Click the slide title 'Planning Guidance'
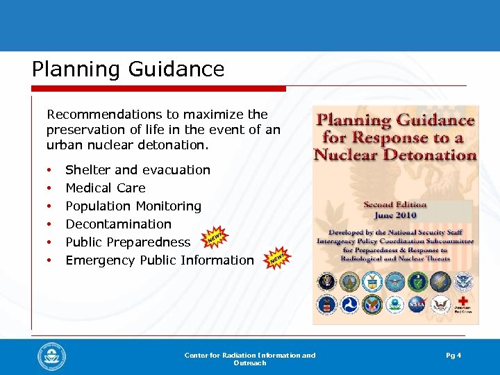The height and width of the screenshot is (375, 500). coord(128,69)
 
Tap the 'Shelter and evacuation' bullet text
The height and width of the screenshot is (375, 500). coord(137,170)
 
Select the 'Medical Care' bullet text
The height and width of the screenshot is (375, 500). coord(106,188)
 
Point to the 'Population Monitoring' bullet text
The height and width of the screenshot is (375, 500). coord(133,206)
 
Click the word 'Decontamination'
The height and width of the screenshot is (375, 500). coord(118,224)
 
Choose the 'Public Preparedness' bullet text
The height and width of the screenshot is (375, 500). coord(128,242)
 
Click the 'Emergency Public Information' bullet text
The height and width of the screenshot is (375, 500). coord(160,260)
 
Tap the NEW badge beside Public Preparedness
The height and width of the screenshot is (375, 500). coord(216,239)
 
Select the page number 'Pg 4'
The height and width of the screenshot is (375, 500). coord(453,356)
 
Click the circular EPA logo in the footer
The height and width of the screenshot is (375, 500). coord(52,357)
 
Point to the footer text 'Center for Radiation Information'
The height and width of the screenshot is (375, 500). coord(249,356)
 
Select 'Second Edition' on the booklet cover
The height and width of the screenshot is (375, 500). coord(395,205)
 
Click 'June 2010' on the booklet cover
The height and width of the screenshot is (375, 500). coord(395,215)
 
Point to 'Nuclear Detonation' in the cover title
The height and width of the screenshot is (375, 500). coord(395,153)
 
